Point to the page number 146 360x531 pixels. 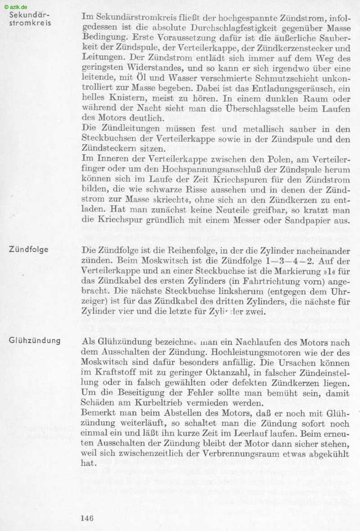[87, 518]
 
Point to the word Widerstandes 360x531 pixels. [139, 68]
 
